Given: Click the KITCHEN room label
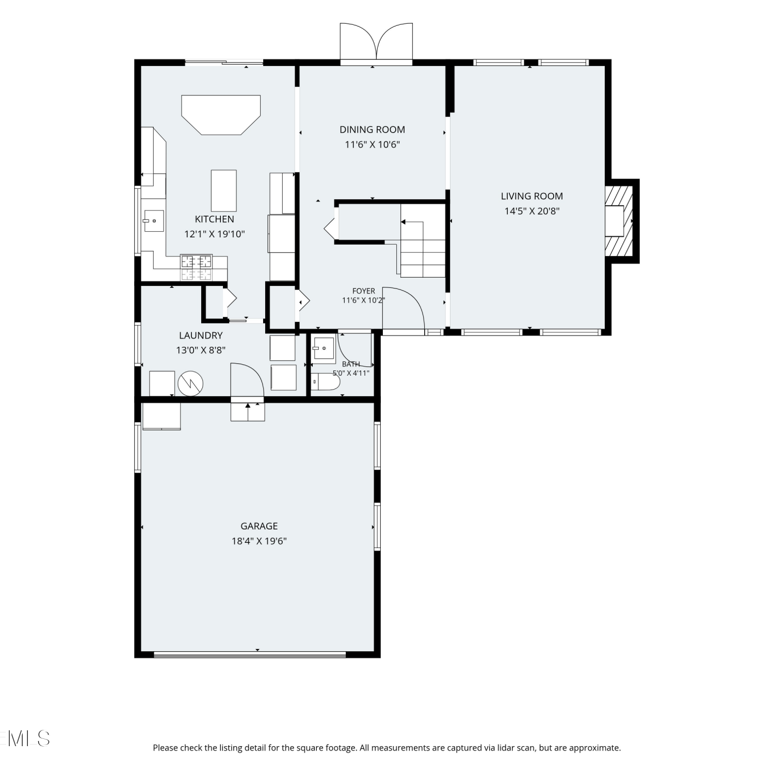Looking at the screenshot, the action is click(214, 219).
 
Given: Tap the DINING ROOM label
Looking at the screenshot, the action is click(372, 130).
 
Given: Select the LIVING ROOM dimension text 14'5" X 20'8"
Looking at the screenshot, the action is click(532, 211).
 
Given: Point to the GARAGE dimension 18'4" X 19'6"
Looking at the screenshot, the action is click(259, 541).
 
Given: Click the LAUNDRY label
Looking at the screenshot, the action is click(201, 335).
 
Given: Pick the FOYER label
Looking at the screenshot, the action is click(364, 291).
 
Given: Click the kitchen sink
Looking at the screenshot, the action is click(154, 221).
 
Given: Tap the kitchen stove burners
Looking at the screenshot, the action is click(196, 267).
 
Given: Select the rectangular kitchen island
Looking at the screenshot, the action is click(224, 190).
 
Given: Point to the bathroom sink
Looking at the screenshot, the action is click(324, 349).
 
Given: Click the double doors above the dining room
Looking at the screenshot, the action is click(376, 42).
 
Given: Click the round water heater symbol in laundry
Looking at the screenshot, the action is click(190, 383).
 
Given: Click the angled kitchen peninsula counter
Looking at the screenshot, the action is click(221, 115).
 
